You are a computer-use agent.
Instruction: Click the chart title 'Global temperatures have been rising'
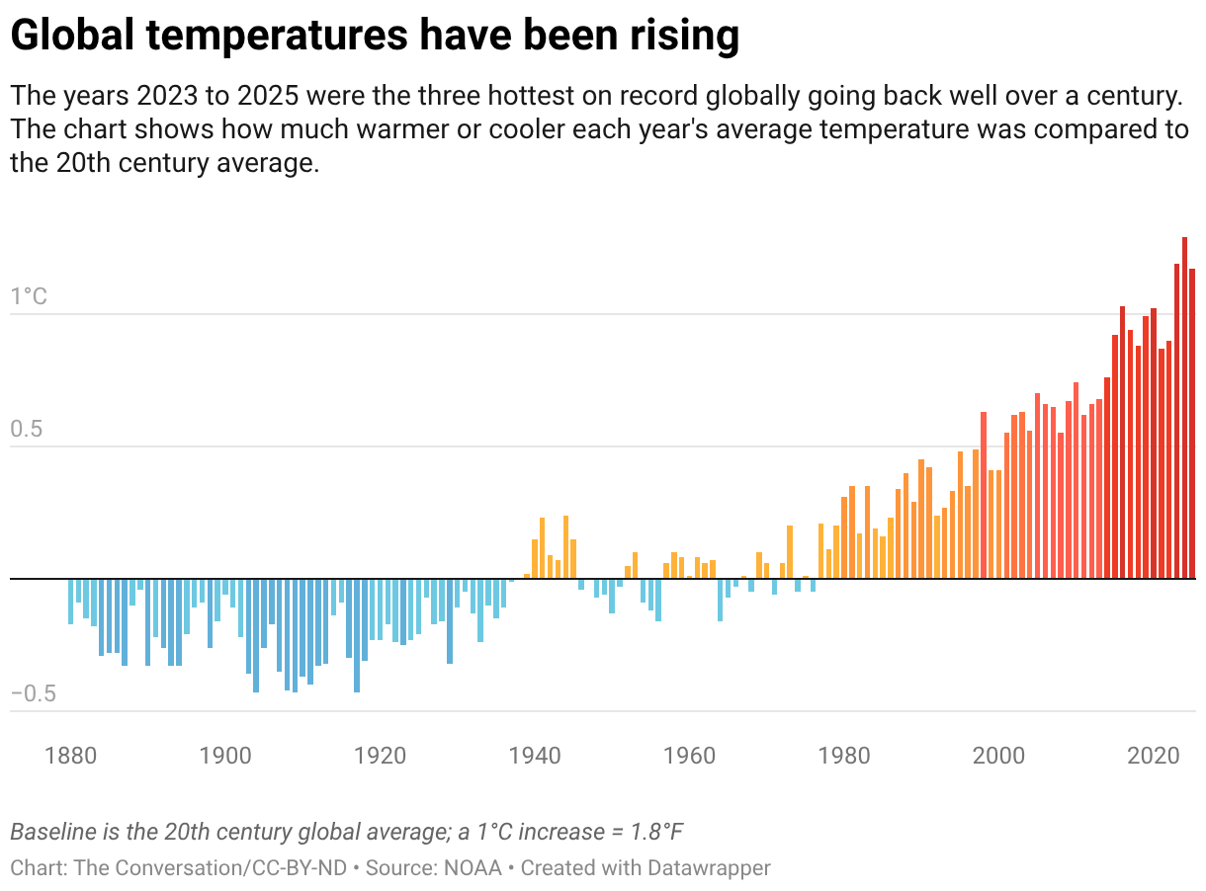pos(375,37)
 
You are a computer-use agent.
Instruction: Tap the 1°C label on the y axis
pos(29,296)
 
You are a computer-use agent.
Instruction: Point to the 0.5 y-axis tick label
pos(29,430)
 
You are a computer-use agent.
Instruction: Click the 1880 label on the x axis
pos(71,757)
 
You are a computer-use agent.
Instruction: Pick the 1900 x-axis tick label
pos(225,757)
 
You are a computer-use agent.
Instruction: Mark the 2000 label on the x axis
pos(998,757)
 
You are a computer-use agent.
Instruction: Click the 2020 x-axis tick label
pos(1154,757)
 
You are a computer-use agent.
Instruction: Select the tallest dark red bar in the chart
pos(1184,407)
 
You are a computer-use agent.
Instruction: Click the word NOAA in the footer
pos(473,868)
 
